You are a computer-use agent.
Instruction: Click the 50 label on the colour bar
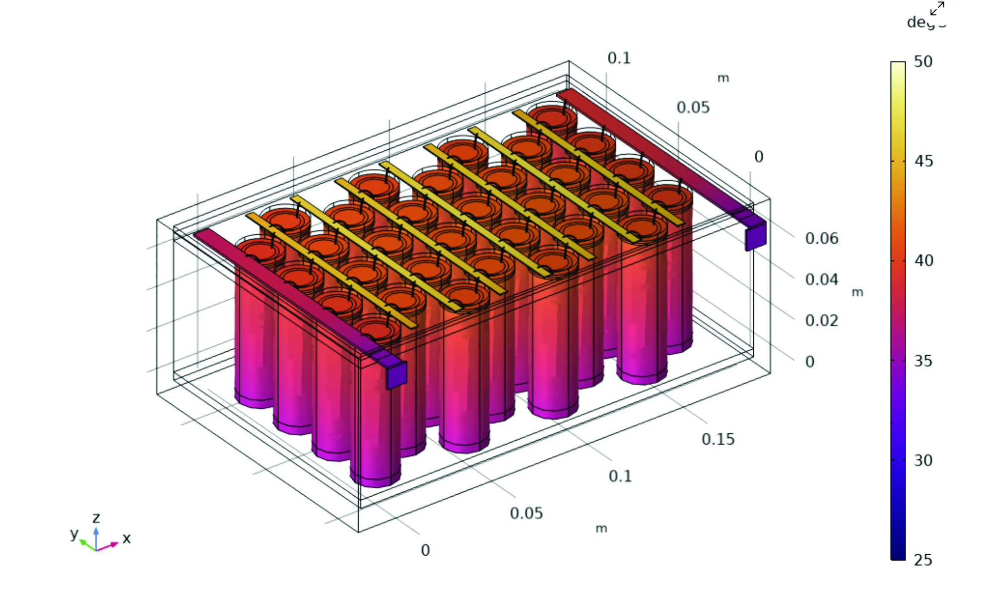pos(923,62)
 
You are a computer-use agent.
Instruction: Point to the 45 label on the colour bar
pos(923,161)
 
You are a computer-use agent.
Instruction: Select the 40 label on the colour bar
pos(923,261)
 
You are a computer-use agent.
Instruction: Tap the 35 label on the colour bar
pos(923,361)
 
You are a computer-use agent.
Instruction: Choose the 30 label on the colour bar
pos(923,460)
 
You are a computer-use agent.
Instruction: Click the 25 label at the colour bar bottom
pos(923,560)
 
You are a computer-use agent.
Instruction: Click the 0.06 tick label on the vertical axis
pos(821,239)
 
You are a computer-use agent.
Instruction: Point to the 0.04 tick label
pos(821,280)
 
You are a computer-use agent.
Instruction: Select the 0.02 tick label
pos(821,321)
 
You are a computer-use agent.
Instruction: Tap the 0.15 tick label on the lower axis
pos(718,439)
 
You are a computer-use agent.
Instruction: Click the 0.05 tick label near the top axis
pos(693,108)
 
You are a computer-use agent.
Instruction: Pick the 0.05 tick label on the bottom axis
pos(526,513)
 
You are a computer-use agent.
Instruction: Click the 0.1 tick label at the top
pos(619,58)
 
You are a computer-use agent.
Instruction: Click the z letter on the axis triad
pos(96,518)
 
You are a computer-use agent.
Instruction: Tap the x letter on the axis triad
pos(127,538)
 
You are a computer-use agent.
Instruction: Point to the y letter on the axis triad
pos(74,534)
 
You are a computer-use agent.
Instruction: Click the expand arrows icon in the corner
pos(937,8)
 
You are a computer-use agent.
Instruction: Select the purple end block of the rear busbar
pos(755,236)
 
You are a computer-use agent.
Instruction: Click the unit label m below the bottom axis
pos(601,528)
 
